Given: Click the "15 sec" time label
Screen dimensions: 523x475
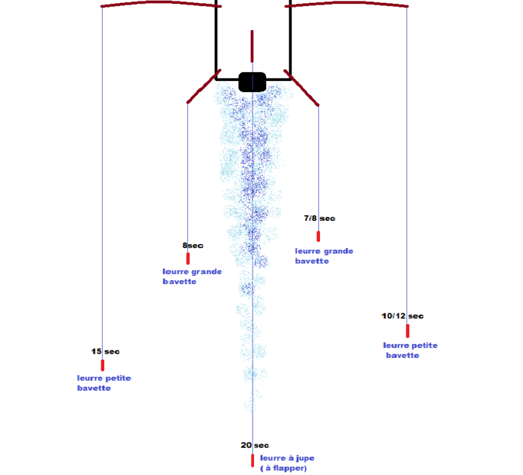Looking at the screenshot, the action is click(106, 352).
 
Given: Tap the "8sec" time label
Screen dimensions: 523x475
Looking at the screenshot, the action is click(193, 245).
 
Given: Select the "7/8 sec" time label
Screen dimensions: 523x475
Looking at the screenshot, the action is click(319, 218).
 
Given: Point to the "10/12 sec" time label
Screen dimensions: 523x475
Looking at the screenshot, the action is click(402, 316).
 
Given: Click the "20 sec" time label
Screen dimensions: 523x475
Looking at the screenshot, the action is click(255, 445).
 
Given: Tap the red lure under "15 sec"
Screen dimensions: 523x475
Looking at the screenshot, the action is click(102, 365).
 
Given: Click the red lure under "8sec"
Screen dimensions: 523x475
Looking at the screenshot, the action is click(188, 258).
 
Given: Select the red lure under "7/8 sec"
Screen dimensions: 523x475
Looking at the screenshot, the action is click(318, 236).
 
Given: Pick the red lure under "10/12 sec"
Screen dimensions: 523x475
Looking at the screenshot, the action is click(408, 331).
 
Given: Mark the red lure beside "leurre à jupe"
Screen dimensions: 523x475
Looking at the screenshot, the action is click(253, 460).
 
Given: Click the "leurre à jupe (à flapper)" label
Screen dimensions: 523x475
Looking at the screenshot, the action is click(287, 463).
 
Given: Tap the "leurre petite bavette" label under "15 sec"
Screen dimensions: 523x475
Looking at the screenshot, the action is click(104, 383).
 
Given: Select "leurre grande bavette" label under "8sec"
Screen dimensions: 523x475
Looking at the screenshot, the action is click(192, 277).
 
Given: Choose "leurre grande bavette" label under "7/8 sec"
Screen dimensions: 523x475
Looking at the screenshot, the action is click(324, 256).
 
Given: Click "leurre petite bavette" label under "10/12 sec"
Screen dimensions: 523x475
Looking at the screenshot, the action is click(410, 350).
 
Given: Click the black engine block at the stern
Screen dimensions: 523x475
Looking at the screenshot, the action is click(253, 82).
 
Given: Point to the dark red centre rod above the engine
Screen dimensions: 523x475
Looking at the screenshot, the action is click(252, 46).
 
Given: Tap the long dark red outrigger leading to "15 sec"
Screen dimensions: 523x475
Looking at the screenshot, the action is click(161, 3).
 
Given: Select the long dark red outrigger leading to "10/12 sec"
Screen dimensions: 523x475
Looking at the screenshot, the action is click(347, 3).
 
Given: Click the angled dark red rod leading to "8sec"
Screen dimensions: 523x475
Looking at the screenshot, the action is click(204, 86).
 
